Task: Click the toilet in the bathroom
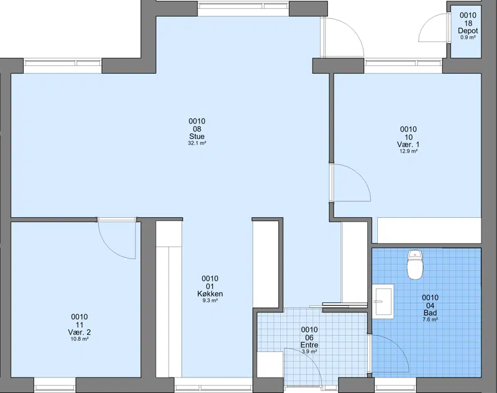(x=415, y=265)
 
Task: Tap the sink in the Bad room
(x=383, y=301)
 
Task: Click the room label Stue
(x=197, y=137)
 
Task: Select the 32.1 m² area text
(x=197, y=143)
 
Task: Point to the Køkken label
(x=210, y=294)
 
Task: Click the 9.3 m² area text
(x=210, y=300)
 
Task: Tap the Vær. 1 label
(x=408, y=145)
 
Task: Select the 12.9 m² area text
(x=408, y=151)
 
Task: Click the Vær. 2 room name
(x=80, y=332)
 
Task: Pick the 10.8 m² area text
(x=80, y=339)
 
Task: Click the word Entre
(x=309, y=345)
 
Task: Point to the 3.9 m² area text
(x=309, y=351)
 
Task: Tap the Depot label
(x=468, y=31)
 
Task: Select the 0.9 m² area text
(x=468, y=37)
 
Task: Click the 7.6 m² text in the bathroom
(x=430, y=320)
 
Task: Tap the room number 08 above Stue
(x=197, y=129)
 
